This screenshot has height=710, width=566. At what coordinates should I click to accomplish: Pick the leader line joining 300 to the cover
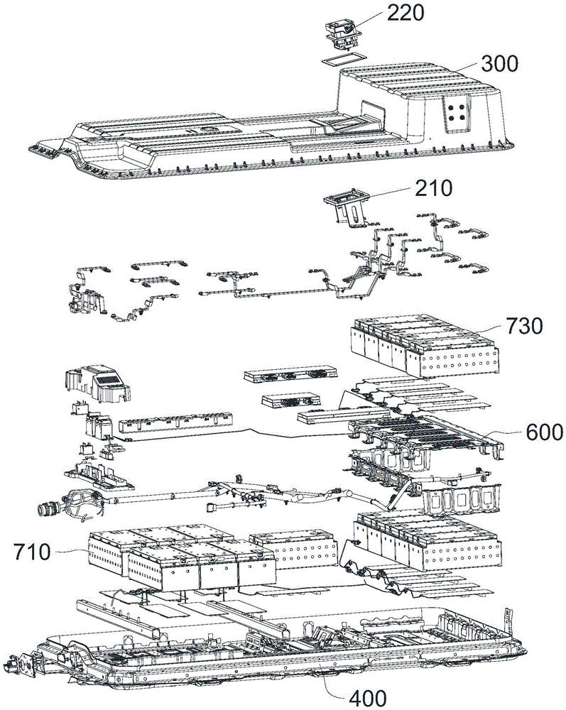[468, 68]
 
